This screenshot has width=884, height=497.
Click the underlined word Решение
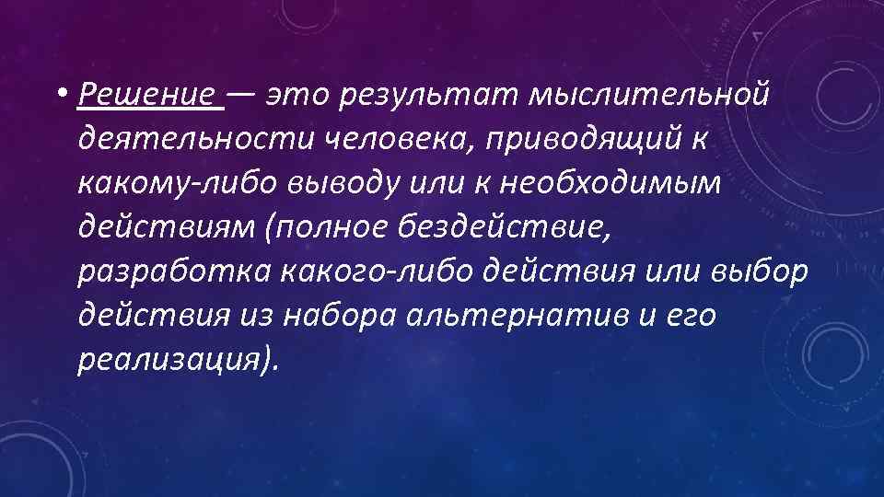(151, 95)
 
